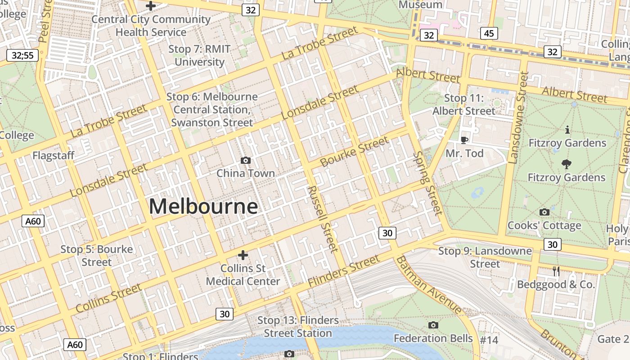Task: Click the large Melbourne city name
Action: point(203,207)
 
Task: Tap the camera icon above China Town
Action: point(245,160)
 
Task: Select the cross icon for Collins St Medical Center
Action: point(243,255)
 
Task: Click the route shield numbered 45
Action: point(489,33)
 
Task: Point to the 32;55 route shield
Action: point(22,56)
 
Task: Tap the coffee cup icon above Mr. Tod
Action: point(464,140)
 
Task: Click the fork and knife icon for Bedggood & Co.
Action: point(556,271)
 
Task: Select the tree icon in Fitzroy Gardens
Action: point(567,164)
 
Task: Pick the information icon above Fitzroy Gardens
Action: point(567,130)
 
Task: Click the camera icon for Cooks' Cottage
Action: point(544,212)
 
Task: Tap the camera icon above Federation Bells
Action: point(433,325)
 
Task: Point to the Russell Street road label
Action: point(322,219)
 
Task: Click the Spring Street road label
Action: point(428,183)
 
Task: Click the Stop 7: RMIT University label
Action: point(199,55)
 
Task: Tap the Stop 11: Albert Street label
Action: point(464,104)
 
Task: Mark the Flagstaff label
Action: point(53,156)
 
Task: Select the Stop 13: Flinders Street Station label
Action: point(298,327)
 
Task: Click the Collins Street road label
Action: point(108,298)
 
